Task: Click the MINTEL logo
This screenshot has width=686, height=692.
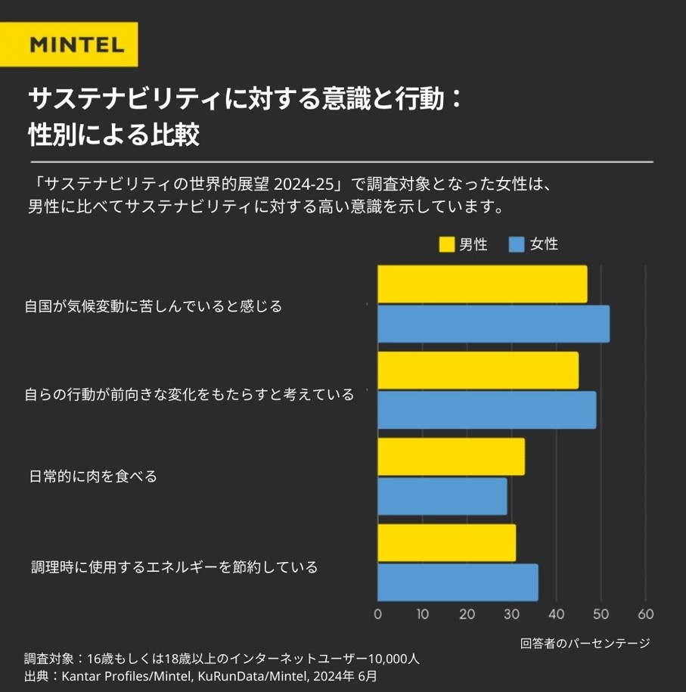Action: click(76, 45)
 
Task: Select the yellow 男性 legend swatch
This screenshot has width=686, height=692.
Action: click(446, 244)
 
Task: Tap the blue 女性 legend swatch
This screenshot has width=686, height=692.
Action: click(517, 244)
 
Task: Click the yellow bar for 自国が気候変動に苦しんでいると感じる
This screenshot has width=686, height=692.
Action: click(482, 284)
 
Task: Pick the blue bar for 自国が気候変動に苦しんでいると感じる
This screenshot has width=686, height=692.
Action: click(493, 324)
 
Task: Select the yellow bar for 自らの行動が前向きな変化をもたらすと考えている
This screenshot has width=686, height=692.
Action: click(477, 371)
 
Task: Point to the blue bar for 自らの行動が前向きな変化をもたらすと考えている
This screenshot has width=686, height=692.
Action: click(486, 410)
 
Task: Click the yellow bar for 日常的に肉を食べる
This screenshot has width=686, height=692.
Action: click(451, 457)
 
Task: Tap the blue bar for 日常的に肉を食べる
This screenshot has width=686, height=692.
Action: click(442, 496)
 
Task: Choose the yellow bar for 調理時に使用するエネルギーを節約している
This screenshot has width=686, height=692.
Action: click(446, 543)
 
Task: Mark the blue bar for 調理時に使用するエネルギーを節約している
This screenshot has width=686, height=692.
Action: click(458, 582)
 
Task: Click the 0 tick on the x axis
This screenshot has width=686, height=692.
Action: click(378, 613)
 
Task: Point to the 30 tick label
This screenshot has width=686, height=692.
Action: click(512, 613)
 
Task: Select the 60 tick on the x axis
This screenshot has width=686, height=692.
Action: click(646, 613)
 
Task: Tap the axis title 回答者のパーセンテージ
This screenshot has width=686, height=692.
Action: click(585, 643)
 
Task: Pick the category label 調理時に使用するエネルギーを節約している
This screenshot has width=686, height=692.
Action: click(175, 566)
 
